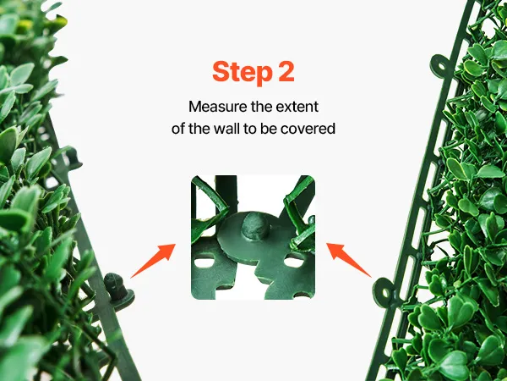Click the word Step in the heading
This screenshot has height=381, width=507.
tap(243, 73)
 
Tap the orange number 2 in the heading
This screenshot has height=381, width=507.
tap(286, 71)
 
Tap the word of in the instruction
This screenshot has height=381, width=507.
tap(178, 129)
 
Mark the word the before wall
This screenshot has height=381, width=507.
tap(199, 129)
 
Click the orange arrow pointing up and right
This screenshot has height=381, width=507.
tap(153, 261)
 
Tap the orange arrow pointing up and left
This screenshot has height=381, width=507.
tap(348, 260)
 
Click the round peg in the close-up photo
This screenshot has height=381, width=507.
tap(255, 226)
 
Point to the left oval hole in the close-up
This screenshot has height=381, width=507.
tap(204, 262)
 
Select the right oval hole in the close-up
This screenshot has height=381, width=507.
tap(294, 261)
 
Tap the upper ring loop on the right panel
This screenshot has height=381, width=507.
tap(440, 66)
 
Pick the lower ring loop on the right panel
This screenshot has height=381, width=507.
tap(384, 293)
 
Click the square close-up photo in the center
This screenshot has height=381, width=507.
tap(253, 237)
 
